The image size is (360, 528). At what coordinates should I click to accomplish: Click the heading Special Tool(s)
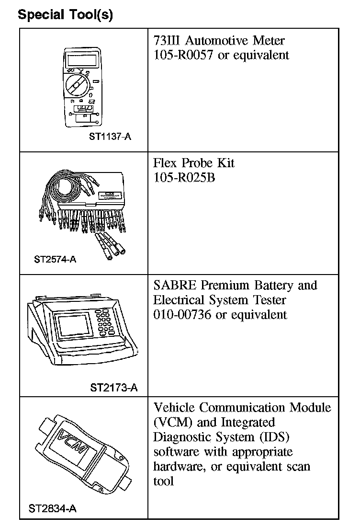(65, 15)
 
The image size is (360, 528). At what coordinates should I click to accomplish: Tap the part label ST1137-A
(110, 137)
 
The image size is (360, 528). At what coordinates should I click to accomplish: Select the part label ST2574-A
(55, 260)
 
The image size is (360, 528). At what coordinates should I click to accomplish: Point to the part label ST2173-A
(113, 388)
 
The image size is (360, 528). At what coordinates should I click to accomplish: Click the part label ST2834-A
(52, 508)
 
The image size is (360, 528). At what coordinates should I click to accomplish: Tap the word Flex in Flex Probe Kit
(165, 163)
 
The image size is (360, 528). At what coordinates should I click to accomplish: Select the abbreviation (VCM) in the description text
(172, 423)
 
